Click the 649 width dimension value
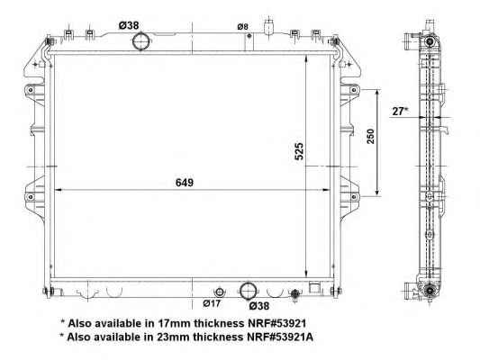click(x=185, y=183)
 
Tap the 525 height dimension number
click(x=299, y=151)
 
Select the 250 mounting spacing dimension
click(x=370, y=137)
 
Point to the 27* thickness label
click(x=400, y=112)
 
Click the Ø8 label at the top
click(x=242, y=27)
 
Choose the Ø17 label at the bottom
click(x=212, y=303)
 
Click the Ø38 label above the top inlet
click(x=129, y=25)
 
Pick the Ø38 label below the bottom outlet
click(x=259, y=305)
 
